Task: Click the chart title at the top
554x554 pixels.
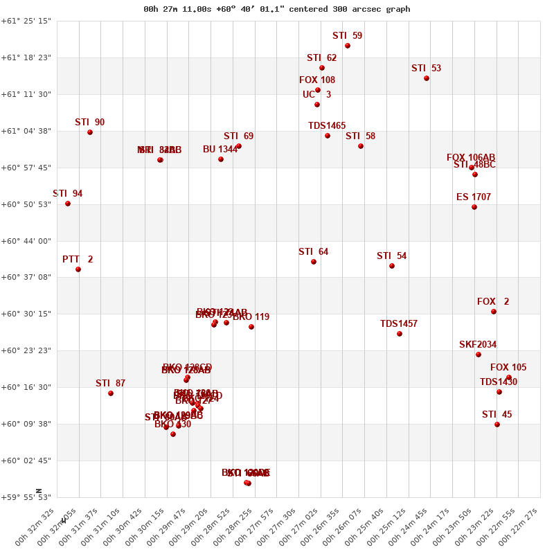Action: (276, 9)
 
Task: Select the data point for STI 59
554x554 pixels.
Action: (348, 46)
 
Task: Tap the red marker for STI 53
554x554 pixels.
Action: (427, 78)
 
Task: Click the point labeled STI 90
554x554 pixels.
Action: (90, 132)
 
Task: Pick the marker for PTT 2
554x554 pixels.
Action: (78, 269)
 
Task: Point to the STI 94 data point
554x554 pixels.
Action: (68, 204)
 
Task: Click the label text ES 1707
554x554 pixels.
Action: (474, 197)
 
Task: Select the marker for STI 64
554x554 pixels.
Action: (314, 262)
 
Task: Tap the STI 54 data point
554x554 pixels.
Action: (392, 266)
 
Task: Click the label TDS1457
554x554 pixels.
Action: (399, 324)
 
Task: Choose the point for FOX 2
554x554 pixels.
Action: (494, 312)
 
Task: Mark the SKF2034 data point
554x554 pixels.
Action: (479, 355)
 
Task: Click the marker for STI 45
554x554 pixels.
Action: (497, 425)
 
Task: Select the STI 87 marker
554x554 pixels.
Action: (111, 393)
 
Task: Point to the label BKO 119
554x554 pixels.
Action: (251, 317)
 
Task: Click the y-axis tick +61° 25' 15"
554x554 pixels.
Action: (26, 21)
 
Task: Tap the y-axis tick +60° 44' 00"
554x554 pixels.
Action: (26, 241)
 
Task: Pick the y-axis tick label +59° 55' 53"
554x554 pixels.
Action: (26, 497)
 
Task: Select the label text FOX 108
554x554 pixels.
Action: (317, 80)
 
